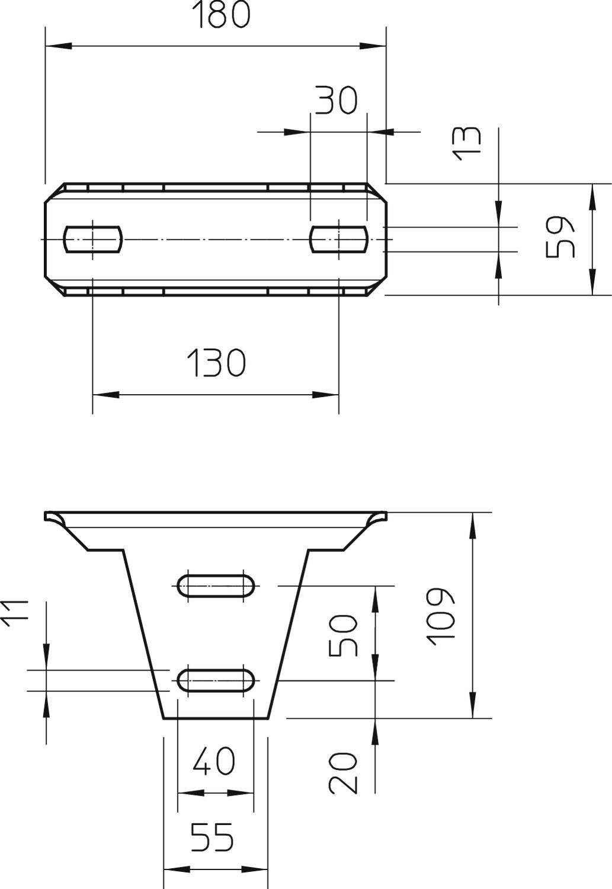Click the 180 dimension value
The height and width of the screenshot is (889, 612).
[x=221, y=15]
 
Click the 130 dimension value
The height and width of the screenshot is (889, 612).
[x=216, y=363]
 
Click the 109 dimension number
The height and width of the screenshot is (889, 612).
[x=441, y=616]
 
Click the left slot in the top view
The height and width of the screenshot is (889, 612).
[x=93, y=239]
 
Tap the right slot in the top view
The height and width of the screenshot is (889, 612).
[x=339, y=239]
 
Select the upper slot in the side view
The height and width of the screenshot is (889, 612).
[x=216, y=585]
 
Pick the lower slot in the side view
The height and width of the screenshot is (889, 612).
[x=216, y=680]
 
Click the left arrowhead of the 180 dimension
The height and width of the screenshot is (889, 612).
[x=59, y=46]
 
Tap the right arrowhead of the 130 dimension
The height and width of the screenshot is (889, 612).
[x=326, y=395]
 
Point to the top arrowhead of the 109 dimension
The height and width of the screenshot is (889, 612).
[x=472, y=525]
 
